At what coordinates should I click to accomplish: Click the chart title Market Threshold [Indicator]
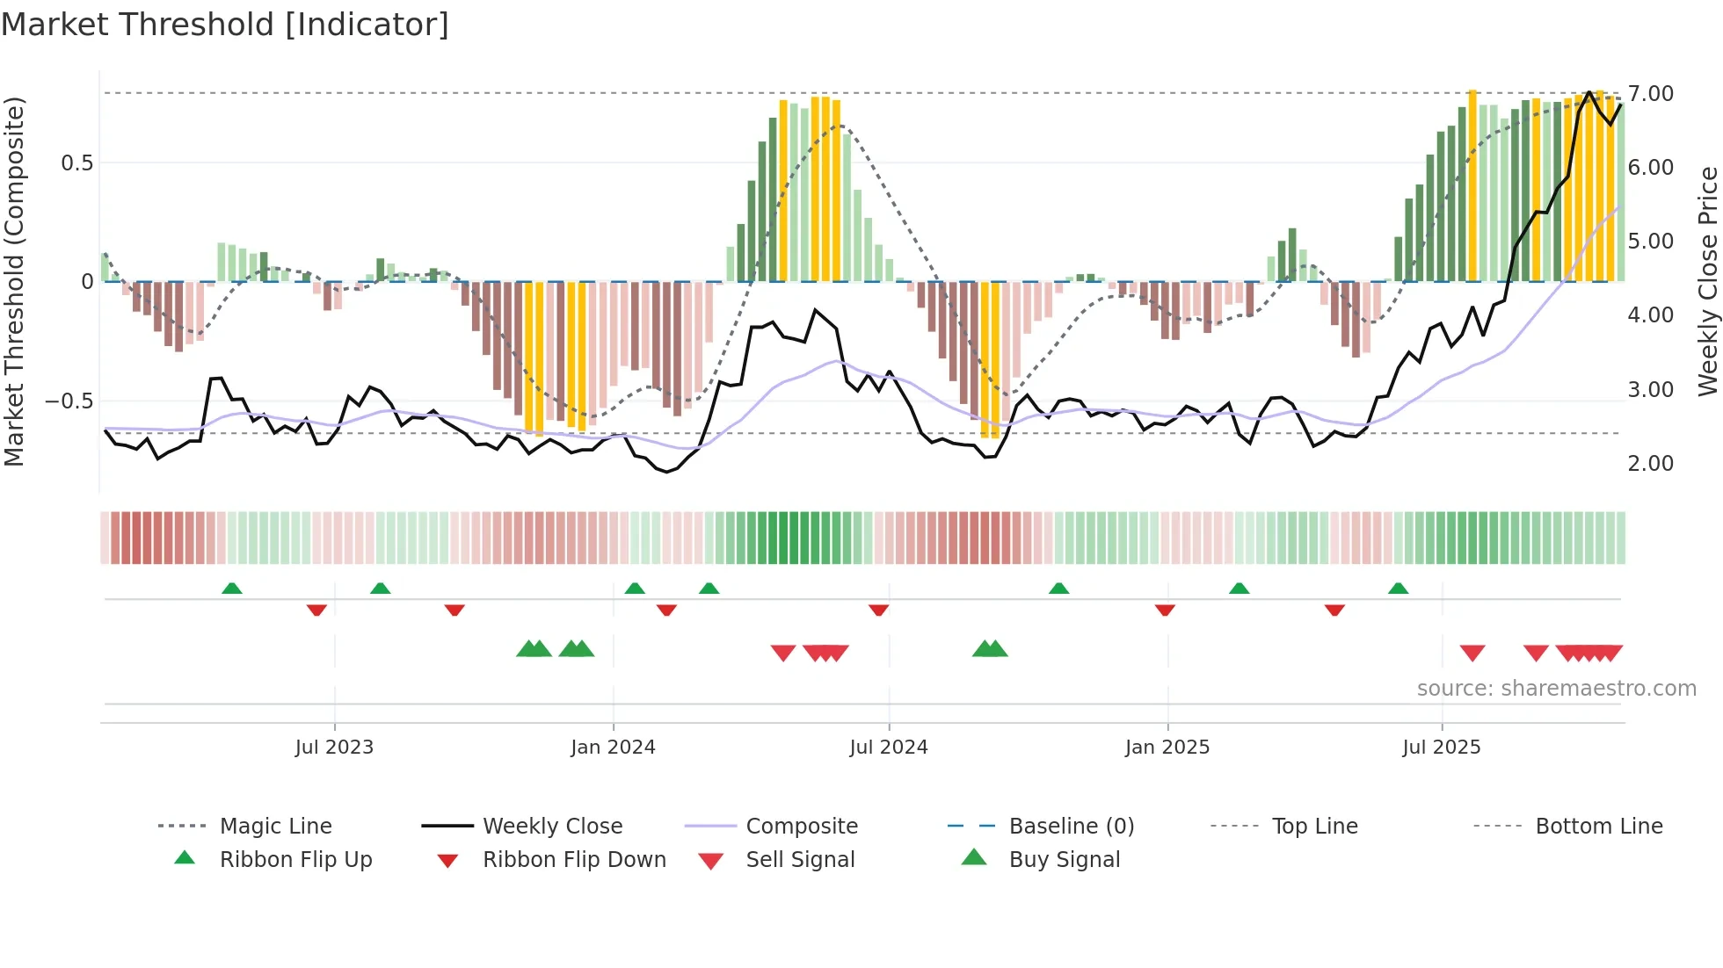pyautogui.click(x=225, y=25)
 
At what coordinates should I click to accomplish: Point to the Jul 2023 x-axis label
pyautogui.click(x=334, y=748)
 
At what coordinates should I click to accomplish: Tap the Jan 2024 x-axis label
pyautogui.click(x=613, y=748)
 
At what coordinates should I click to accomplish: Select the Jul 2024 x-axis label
pyautogui.click(x=889, y=748)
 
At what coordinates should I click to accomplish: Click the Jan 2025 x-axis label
pyautogui.click(x=1167, y=748)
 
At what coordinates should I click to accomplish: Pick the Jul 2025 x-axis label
pyautogui.click(x=1442, y=748)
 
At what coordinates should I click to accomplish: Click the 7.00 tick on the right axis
pyautogui.click(x=1650, y=94)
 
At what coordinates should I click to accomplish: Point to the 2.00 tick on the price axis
pyautogui.click(x=1650, y=464)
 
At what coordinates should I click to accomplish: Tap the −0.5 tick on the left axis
pyautogui.click(x=69, y=401)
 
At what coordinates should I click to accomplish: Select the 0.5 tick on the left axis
pyautogui.click(x=76, y=163)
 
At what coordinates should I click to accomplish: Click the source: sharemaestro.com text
pyautogui.click(x=1556, y=689)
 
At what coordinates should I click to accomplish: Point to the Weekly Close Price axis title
pyautogui.click(x=1707, y=281)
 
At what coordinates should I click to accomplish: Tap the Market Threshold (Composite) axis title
pyautogui.click(x=14, y=281)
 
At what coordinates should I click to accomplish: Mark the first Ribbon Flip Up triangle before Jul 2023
pyautogui.click(x=232, y=589)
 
